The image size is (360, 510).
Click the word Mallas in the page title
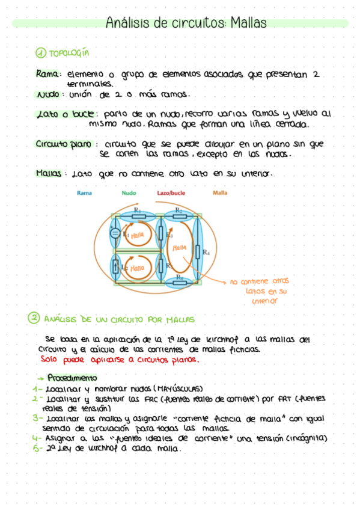(247, 23)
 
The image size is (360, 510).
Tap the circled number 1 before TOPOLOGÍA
(41, 54)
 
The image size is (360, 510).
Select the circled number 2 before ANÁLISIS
(35, 319)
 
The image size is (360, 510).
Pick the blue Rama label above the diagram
(84, 193)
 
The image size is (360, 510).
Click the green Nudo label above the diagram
(129, 193)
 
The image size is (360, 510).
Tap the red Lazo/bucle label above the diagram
(171, 193)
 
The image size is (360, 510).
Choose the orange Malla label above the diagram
(220, 193)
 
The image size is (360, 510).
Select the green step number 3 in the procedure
(37, 417)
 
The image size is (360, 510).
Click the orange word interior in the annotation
(264, 301)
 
